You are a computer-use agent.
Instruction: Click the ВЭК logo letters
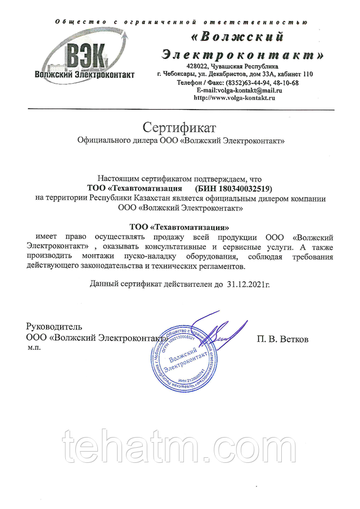point(86,56)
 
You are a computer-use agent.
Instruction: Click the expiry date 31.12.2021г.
point(248,285)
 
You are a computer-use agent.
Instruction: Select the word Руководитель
point(55,327)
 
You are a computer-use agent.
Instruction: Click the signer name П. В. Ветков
point(283,339)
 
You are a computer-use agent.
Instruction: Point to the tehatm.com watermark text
point(180,447)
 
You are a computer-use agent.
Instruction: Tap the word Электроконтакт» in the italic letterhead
point(242,55)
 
